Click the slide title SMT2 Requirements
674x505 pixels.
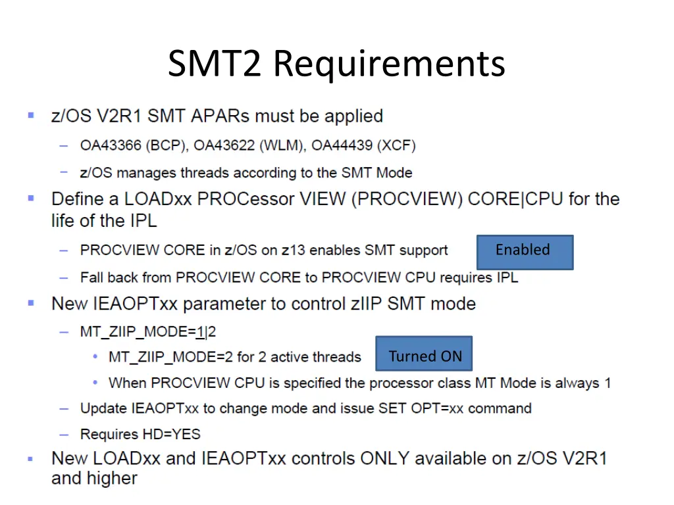(336, 64)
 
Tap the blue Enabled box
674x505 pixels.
(525, 252)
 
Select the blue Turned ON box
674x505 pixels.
(424, 356)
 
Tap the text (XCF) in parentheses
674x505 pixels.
(398, 145)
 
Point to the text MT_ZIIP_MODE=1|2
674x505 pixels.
(147, 331)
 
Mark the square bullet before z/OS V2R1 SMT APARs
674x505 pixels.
(31, 116)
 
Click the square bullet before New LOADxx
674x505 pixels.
(31, 458)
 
